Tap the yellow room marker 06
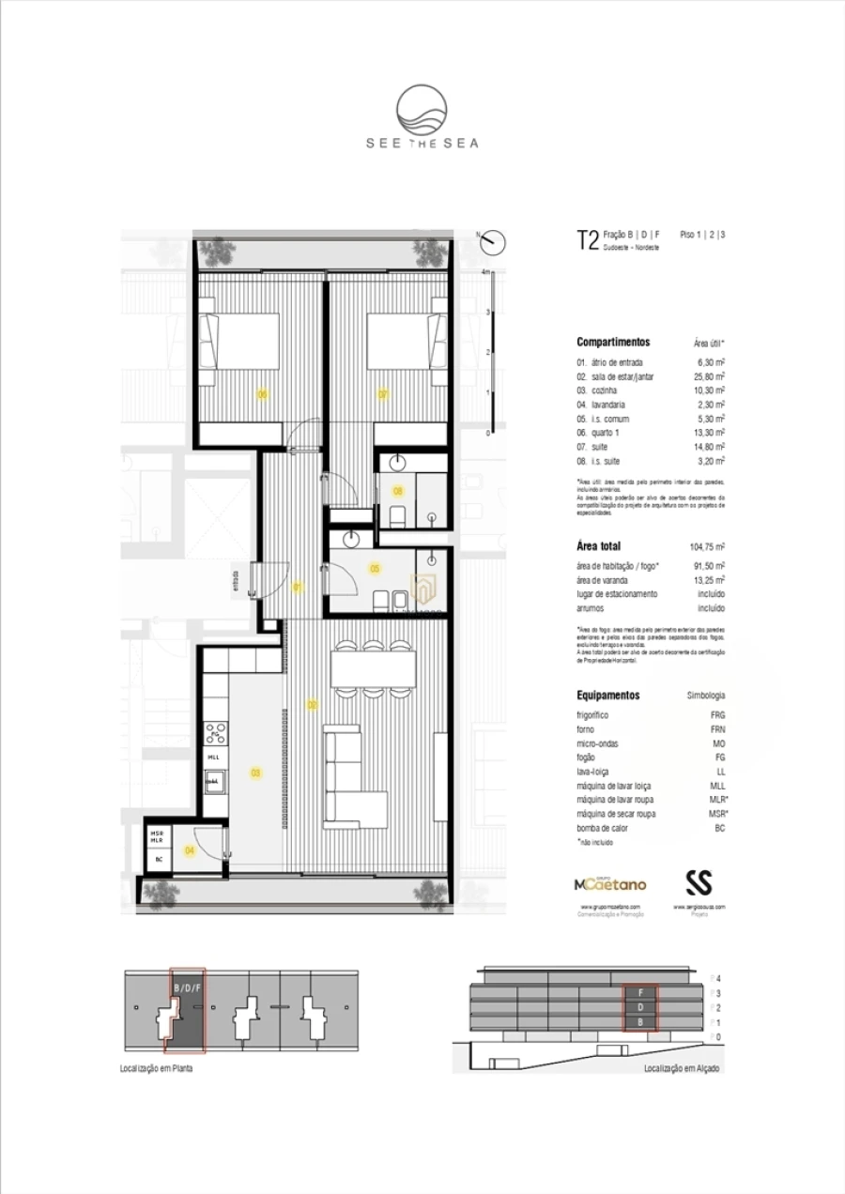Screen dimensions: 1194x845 (263, 394)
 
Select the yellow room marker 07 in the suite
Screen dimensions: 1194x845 (383, 394)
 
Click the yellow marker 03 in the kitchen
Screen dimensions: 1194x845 (255, 773)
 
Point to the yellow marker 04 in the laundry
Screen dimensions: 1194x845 (190, 850)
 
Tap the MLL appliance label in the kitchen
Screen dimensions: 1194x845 (213, 757)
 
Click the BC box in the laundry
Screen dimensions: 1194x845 (160, 859)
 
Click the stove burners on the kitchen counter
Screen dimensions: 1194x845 (214, 728)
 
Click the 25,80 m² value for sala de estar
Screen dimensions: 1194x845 (708, 375)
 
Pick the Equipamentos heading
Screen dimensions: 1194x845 (607, 696)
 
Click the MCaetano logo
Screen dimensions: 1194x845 (608, 884)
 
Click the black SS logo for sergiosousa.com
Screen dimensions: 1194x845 (699, 882)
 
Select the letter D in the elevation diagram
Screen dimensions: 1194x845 (640, 1006)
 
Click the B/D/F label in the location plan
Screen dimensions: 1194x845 (187, 988)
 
